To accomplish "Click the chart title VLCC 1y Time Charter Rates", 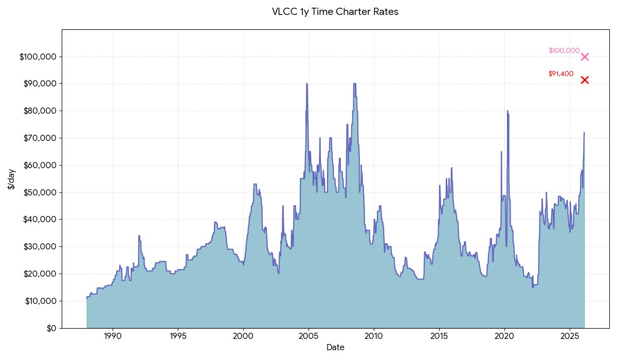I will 335,12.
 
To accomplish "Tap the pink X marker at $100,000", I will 585,57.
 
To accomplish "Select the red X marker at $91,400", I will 585,80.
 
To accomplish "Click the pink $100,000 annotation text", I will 564,50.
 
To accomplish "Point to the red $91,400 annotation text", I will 561,74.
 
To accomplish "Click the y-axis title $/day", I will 11,178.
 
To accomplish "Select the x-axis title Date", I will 335,348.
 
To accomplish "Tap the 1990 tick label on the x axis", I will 113,336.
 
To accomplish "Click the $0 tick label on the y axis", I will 50,328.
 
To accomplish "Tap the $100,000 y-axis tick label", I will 38,57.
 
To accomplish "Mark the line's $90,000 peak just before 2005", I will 307,84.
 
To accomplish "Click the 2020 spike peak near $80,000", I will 507,111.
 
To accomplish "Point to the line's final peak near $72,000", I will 584,133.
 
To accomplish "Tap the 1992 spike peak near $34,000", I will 139,236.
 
